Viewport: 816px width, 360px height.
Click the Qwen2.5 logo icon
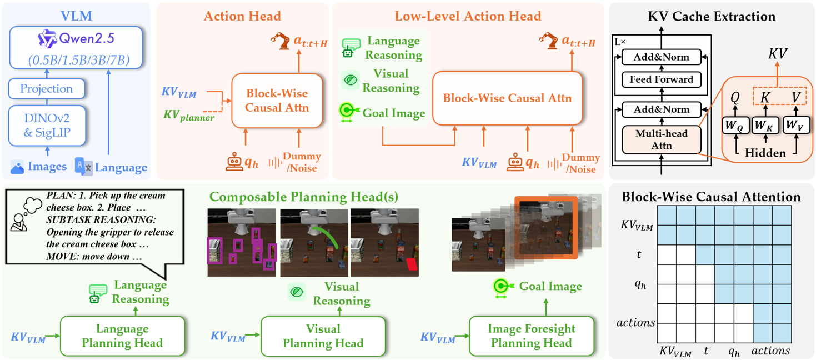click(47, 39)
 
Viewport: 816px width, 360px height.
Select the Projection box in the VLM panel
click(47, 89)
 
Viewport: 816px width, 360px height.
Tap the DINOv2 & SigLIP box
click(47, 126)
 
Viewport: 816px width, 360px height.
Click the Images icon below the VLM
click(17, 167)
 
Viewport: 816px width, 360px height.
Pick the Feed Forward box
click(662, 79)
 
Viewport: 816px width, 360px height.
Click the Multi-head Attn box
click(662, 139)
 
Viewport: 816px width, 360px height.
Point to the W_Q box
click(735, 126)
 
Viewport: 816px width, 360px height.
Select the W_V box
click(795, 126)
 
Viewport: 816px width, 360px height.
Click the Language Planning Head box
click(122, 336)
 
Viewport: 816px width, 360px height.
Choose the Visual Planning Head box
click(323, 336)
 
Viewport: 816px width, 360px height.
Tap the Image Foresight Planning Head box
click(532, 336)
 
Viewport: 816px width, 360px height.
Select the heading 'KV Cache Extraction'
click(712, 17)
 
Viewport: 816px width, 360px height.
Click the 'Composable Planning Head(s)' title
click(303, 197)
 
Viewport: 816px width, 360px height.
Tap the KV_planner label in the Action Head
click(189, 116)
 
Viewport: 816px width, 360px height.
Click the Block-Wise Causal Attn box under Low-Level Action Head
click(508, 98)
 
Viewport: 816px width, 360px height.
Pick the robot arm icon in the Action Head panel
click(280, 41)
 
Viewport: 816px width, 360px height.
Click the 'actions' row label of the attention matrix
click(635, 322)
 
